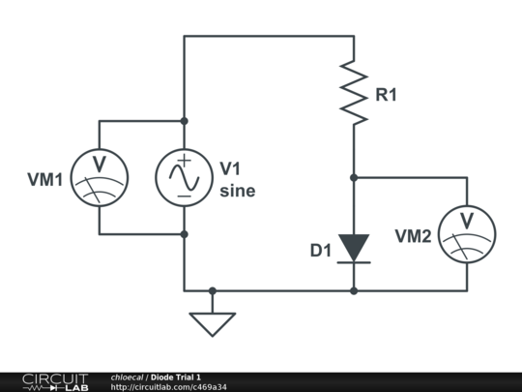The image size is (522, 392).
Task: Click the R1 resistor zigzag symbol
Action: (x=354, y=93)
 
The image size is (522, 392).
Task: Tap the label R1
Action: (x=386, y=95)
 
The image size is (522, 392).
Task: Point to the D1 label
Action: (x=321, y=251)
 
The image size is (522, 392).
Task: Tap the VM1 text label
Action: (x=44, y=180)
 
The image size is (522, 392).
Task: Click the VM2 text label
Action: (x=413, y=236)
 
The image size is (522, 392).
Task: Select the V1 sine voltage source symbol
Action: (x=184, y=178)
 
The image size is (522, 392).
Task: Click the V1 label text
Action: (x=230, y=168)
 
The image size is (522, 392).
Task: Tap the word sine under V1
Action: (x=238, y=191)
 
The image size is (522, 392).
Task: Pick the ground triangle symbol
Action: (x=213, y=324)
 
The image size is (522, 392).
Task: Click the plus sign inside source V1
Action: (x=184, y=161)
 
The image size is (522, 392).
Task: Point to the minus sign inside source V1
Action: (x=184, y=196)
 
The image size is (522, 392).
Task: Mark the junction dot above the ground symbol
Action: (x=213, y=291)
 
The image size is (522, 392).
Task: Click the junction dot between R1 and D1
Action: (x=354, y=178)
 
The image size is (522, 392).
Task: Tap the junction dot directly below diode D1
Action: (x=354, y=291)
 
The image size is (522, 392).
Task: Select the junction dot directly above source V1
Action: (x=184, y=121)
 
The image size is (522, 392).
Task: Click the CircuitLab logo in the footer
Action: (x=55, y=382)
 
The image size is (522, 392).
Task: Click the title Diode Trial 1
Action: (x=176, y=377)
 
